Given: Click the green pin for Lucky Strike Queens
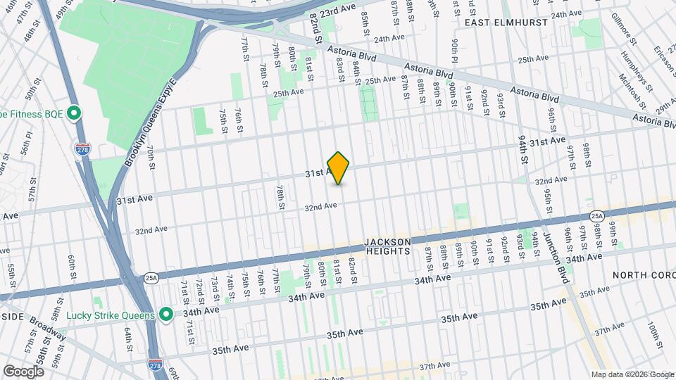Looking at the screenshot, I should pos(165,315).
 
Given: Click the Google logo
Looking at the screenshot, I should pos(23,371).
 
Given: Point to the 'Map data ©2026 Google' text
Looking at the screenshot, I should pos(632,374).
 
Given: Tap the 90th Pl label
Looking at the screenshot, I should pos(456,51).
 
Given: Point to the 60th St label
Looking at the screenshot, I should pos(72,268).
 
